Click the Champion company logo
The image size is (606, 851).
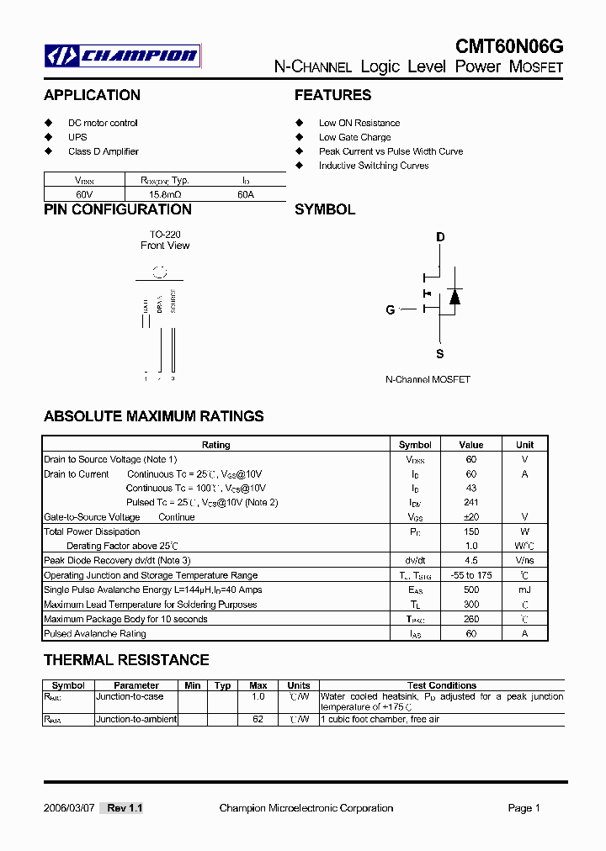pos(123,56)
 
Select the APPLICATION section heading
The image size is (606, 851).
pos(92,95)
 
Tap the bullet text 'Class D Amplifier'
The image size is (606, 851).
pos(103,151)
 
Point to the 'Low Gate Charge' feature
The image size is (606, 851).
pos(354,137)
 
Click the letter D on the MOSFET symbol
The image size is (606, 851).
pos(439,237)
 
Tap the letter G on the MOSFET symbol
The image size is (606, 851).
pos(391,309)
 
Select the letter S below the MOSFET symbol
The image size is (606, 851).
pos(439,354)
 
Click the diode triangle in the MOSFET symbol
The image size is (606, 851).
pos(454,297)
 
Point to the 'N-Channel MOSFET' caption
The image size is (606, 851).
pos(428,379)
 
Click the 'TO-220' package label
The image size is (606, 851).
pos(165,234)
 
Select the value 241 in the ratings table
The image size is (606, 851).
pos(470,503)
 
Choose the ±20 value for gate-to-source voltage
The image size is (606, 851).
pos(470,517)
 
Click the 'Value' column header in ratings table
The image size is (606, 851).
pos(470,445)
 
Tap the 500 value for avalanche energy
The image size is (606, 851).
pos(470,590)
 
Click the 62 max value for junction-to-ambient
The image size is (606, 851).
pos(258,719)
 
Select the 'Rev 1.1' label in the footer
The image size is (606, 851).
pos(125,808)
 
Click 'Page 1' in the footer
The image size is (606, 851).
pos(524,808)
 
